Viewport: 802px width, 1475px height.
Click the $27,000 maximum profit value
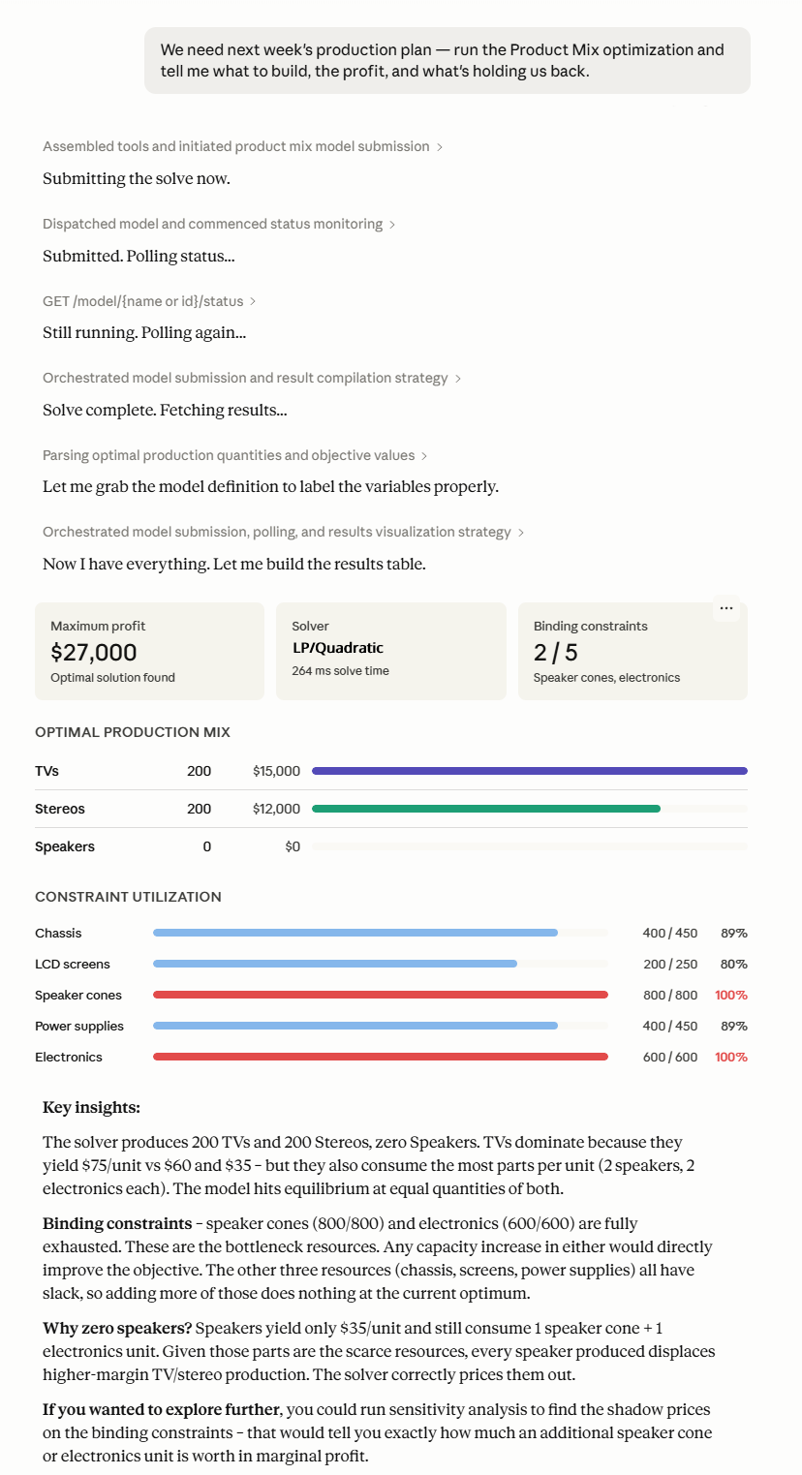click(94, 652)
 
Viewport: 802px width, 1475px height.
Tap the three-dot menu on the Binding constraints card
click(726, 608)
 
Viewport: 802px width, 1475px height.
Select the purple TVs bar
click(530, 770)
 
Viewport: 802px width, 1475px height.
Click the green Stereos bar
click(486, 809)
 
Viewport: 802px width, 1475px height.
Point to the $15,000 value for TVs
click(277, 771)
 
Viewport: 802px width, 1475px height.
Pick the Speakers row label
click(65, 846)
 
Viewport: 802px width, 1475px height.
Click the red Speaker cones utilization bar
click(381, 995)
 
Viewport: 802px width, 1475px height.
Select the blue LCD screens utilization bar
click(335, 964)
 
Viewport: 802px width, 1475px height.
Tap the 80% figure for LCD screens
click(733, 964)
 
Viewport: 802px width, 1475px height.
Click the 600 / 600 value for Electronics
click(670, 1057)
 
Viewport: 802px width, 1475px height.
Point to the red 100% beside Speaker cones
click(731, 995)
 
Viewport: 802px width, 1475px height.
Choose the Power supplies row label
click(79, 1026)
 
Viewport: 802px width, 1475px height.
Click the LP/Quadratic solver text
click(338, 648)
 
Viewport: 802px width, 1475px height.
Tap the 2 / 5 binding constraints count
click(556, 653)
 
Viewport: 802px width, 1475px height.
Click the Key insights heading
click(91, 1108)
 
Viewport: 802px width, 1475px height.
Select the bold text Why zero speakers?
click(117, 1328)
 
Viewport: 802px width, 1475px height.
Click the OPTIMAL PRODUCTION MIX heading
click(133, 732)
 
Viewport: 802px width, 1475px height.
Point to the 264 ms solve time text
click(340, 671)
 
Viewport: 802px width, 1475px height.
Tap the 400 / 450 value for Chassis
click(670, 933)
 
